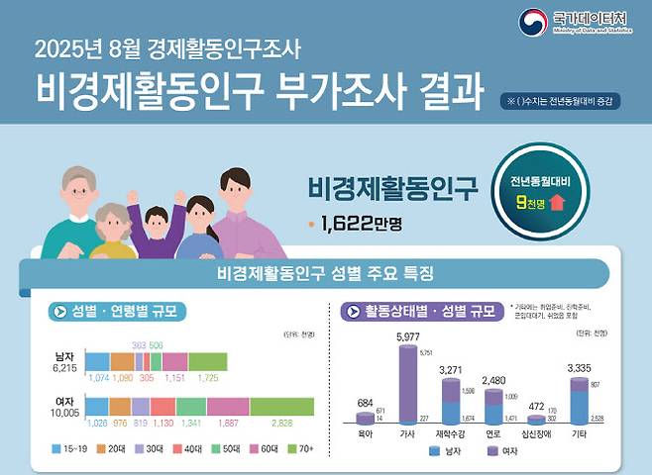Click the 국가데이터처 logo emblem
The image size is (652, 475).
(532, 21)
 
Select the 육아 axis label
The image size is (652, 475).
(365, 432)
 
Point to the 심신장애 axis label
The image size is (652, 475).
(538, 432)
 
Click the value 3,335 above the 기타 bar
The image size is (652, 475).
(580, 369)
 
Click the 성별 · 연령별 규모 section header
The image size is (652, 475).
(120, 312)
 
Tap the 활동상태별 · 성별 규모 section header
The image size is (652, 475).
(419, 312)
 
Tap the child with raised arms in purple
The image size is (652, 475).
(157, 228)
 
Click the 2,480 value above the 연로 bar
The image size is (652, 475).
(493, 380)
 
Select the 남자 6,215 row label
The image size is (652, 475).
(63, 361)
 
